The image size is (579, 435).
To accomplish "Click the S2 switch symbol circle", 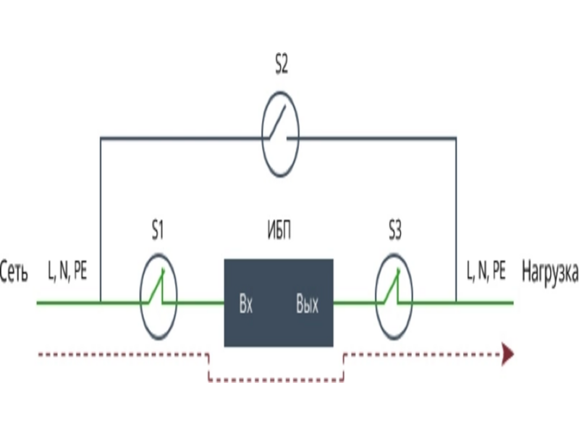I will [x=280, y=136].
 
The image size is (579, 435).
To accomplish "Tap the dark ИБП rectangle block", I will [x=279, y=302].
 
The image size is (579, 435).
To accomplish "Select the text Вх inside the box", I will [x=245, y=304].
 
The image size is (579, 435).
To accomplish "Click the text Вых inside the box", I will [x=308, y=304].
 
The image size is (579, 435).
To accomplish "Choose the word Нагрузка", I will [x=549, y=273].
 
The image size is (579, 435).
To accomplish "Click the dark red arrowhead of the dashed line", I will [x=508, y=355].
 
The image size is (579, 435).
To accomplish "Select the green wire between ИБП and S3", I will [x=355, y=302].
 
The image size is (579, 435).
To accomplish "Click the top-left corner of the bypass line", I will [x=101, y=137].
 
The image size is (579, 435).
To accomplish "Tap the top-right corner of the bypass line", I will [x=456, y=137].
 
